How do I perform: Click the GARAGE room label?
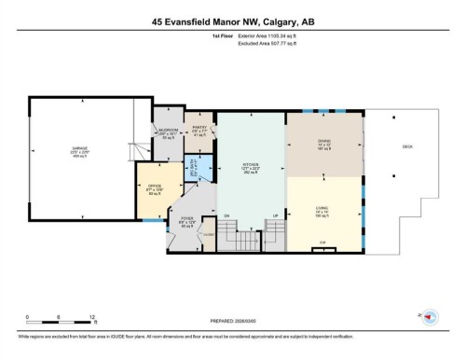[x=80, y=150]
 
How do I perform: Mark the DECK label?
[x=406, y=145]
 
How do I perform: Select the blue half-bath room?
[x=196, y=170]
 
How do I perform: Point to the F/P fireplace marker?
[x=323, y=243]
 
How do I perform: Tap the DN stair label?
[x=226, y=216]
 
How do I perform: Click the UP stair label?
[x=275, y=216]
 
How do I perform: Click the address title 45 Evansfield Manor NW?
[x=232, y=20]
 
